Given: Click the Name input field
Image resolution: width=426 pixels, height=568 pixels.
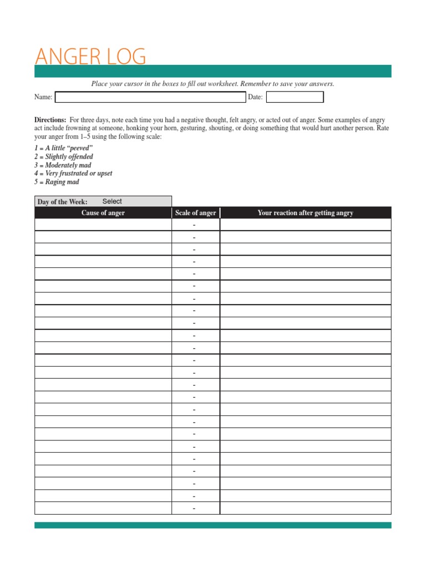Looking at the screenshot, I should (x=150, y=97).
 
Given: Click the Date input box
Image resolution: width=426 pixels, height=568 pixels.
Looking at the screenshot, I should (x=295, y=97).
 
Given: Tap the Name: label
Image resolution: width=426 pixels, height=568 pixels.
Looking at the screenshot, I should (x=43, y=97).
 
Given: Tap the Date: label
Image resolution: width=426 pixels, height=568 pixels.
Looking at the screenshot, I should (x=255, y=97).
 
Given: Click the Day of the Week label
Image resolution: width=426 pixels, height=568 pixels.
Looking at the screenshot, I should (x=62, y=202).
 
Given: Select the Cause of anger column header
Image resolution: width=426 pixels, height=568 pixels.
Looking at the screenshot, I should (x=103, y=213).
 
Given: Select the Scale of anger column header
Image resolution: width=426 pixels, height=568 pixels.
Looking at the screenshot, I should (x=196, y=213).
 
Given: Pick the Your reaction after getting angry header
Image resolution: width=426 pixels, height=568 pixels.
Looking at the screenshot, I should (x=305, y=213).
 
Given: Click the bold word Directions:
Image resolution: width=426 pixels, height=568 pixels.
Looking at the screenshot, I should (x=50, y=120).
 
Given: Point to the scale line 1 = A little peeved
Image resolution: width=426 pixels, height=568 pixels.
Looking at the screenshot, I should (x=63, y=149).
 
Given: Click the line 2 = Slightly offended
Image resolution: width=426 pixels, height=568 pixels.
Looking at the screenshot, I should (x=64, y=157).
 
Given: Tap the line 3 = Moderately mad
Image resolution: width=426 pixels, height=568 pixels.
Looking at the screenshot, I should (x=63, y=165).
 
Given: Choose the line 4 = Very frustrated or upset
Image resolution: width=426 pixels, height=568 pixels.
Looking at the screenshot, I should (x=73, y=174).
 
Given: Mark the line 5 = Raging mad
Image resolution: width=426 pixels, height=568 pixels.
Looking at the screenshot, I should (x=57, y=182).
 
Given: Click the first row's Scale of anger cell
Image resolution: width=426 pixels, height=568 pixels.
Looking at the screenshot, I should (x=195, y=225).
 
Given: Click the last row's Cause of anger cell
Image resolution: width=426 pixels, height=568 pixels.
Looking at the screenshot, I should (x=103, y=508).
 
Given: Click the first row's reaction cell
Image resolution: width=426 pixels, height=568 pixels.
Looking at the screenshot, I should (x=305, y=225).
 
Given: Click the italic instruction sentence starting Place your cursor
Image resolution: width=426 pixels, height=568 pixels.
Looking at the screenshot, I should (x=212, y=84).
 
